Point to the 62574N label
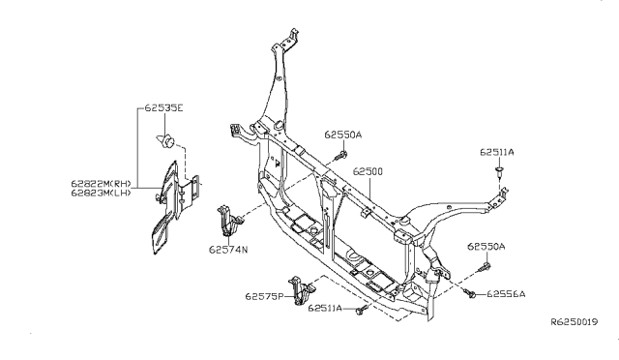[228, 249]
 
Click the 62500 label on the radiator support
[369, 171]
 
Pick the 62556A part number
[505, 293]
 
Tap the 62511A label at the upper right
[498, 152]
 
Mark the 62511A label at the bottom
[328, 308]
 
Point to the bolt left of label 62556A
[471, 293]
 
